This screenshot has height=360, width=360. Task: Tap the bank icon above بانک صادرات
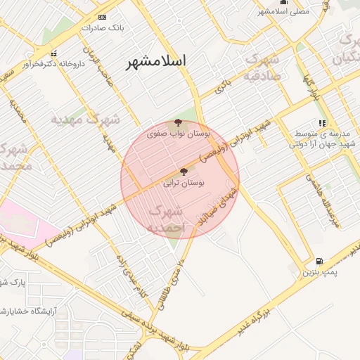(x=103, y=17)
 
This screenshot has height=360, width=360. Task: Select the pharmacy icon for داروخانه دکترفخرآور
(x=54, y=53)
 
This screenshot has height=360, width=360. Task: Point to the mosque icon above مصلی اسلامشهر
(x=282, y=2)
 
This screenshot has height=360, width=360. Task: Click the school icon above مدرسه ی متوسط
(x=322, y=124)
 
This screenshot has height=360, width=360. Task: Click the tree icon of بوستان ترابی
(x=184, y=172)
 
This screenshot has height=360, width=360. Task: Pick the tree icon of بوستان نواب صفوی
(x=177, y=122)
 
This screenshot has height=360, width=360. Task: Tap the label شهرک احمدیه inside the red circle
(x=167, y=219)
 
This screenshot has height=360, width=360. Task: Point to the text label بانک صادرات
(x=102, y=28)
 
